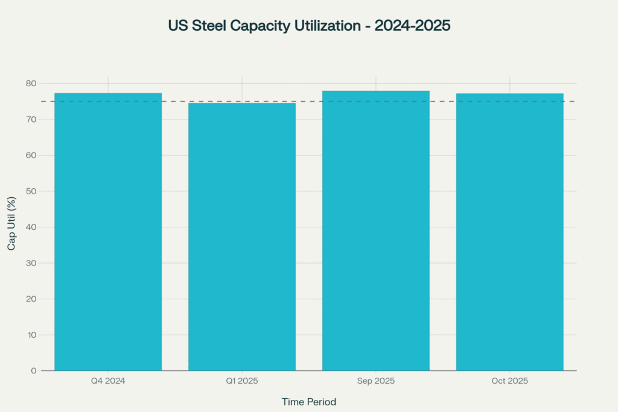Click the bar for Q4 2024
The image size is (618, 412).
tap(108, 232)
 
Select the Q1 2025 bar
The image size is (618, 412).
tap(242, 236)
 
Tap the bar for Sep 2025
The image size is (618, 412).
tap(376, 231)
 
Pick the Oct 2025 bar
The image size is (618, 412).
tap(509, 232)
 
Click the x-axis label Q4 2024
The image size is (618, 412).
tap(108, 381)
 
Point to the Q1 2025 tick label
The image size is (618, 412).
tap(242, 381)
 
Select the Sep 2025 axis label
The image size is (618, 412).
tap(376, 381)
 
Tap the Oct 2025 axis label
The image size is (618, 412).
tap(509, 381)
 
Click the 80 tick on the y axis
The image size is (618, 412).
tap(31, 83)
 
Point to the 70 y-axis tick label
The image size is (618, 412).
tap(31, 119)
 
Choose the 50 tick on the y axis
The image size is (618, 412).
tap(31, 191)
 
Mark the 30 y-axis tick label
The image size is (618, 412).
tap(31, 263)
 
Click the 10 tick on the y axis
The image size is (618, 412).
tap(31, 335)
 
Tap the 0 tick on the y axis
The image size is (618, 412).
tap(34, 370)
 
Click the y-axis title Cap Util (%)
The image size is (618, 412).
tap(11, 223)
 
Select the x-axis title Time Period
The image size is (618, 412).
tap(309, 402)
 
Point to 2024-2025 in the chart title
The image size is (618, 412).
tap(412, 25)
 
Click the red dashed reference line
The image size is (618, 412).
tap(309, 101)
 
